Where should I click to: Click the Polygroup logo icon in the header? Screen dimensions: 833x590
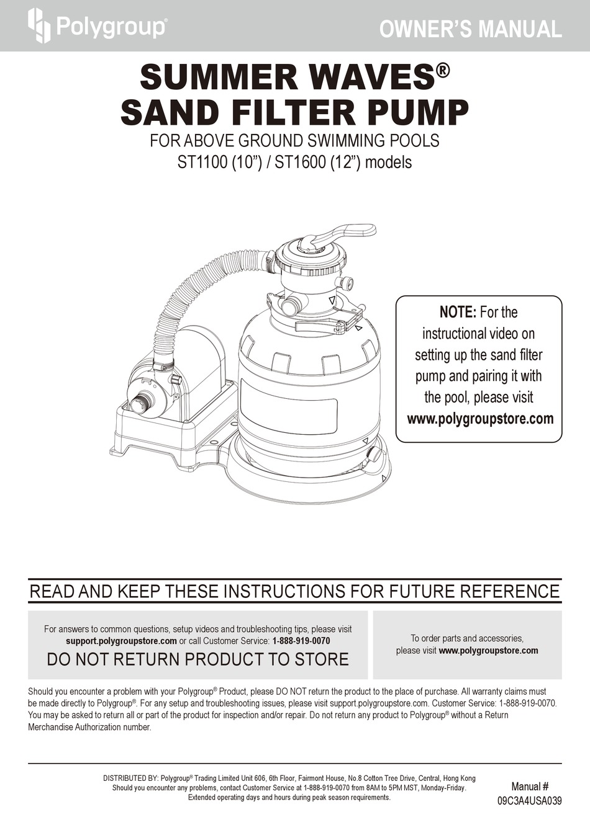(39, 26)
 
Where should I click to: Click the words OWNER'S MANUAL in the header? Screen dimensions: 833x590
(470, 29)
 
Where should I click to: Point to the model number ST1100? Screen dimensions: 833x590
(202, 163)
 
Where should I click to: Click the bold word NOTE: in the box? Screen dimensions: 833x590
(458, 312)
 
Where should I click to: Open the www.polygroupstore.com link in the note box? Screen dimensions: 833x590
(479, 419)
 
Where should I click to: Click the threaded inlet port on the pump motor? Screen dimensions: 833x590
(142, 405)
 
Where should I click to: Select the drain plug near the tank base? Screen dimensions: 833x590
(376, 454)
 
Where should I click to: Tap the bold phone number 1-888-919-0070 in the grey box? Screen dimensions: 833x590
(301, 641)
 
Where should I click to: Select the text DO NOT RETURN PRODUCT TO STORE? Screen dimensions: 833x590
(197, 659)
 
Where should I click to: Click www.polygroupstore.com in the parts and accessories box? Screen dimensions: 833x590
(488, 651)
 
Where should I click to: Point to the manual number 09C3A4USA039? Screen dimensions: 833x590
(529, 801)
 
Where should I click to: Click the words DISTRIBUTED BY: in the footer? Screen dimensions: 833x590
(130, 778)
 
